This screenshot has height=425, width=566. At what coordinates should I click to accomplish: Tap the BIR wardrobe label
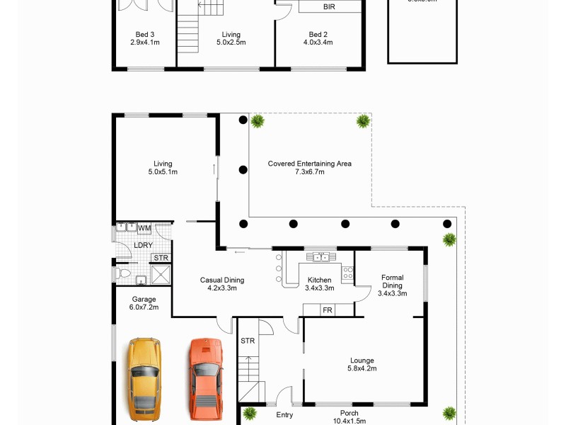pyautogui.click(x=329, y=6)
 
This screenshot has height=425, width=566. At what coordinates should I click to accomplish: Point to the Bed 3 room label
pyautogui.click(x=145, y=38)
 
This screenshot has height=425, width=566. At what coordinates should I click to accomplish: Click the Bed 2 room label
pyautogui.click(x=318, y=38)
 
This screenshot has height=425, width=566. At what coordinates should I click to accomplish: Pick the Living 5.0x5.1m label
pyautogui.click(x=163, y=168)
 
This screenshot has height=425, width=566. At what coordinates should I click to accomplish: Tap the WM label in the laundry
pyautogui.click(x=144, y=228)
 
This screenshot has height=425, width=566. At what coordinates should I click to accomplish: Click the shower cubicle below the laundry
pyautogui.click(x=161, y=274)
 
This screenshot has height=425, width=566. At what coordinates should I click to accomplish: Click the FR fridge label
pyautogui.click(x=327, y=310)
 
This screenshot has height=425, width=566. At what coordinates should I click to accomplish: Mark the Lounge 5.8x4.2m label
pyautogui.click(x=362, y=364)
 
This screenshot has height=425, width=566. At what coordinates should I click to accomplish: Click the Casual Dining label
pyautogui.click(x=221, y=283)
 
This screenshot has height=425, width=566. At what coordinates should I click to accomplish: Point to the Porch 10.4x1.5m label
pyautogui.click(x=349, y=417)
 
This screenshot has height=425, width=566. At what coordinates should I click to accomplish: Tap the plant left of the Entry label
pyautogui.click(x=250, y=413)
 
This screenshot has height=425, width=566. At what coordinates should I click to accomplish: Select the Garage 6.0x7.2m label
pyautogui.click(x=144, y=303)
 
